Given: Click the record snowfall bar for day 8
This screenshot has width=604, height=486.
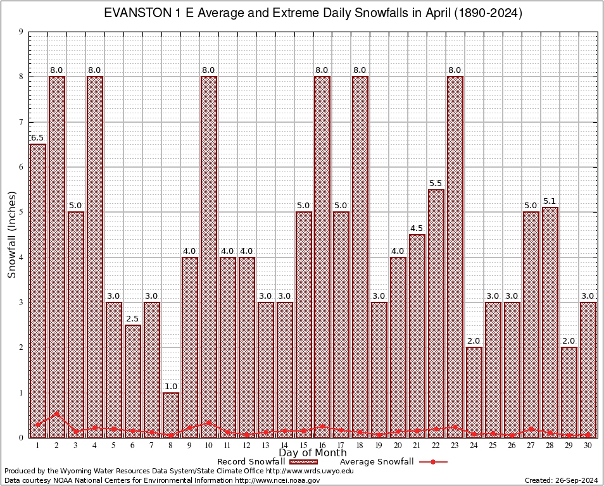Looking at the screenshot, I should pyautogui.click(x=171, y=414).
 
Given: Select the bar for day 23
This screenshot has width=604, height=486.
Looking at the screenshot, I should pyautogui.click(x=455, y=256).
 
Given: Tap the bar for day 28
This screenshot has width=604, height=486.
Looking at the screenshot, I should pyautogui.click(x=550, y=322).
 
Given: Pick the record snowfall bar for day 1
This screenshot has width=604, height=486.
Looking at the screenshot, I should pyautogui.click(x=38, y=290).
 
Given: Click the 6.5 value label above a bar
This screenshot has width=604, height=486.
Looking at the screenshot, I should pyautogui.click(x=37, y=138).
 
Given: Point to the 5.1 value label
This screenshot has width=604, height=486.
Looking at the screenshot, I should pyautogui.click(x=550, y=201).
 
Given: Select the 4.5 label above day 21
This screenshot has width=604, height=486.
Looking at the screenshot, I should pyautogui.click(x=417, y=228).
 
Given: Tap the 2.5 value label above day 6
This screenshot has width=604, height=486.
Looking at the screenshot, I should pyautogui.click(x=133, y=319).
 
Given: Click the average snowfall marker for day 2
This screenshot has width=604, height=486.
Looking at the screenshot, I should pyautogui.click(x=57, y=414).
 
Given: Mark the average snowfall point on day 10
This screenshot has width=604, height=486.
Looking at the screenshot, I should pyautogui.click(x=209, y=422).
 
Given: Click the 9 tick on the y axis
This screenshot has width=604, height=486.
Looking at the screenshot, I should pyautogui.click(x=22, y=32).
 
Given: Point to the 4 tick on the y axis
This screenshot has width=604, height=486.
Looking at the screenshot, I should pyautogui.click(x=22, y=258).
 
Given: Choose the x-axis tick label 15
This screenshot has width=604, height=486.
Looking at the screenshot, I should pyautogui.click(x=303, y=445).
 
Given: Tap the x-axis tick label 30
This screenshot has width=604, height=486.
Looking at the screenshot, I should pyautogui.click(x=588, y=445).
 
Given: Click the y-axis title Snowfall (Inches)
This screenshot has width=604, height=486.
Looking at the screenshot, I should pyautogui.click(x=12, y=235).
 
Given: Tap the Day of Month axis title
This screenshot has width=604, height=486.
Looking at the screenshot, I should pyautogui.click(x=313, y=453).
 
